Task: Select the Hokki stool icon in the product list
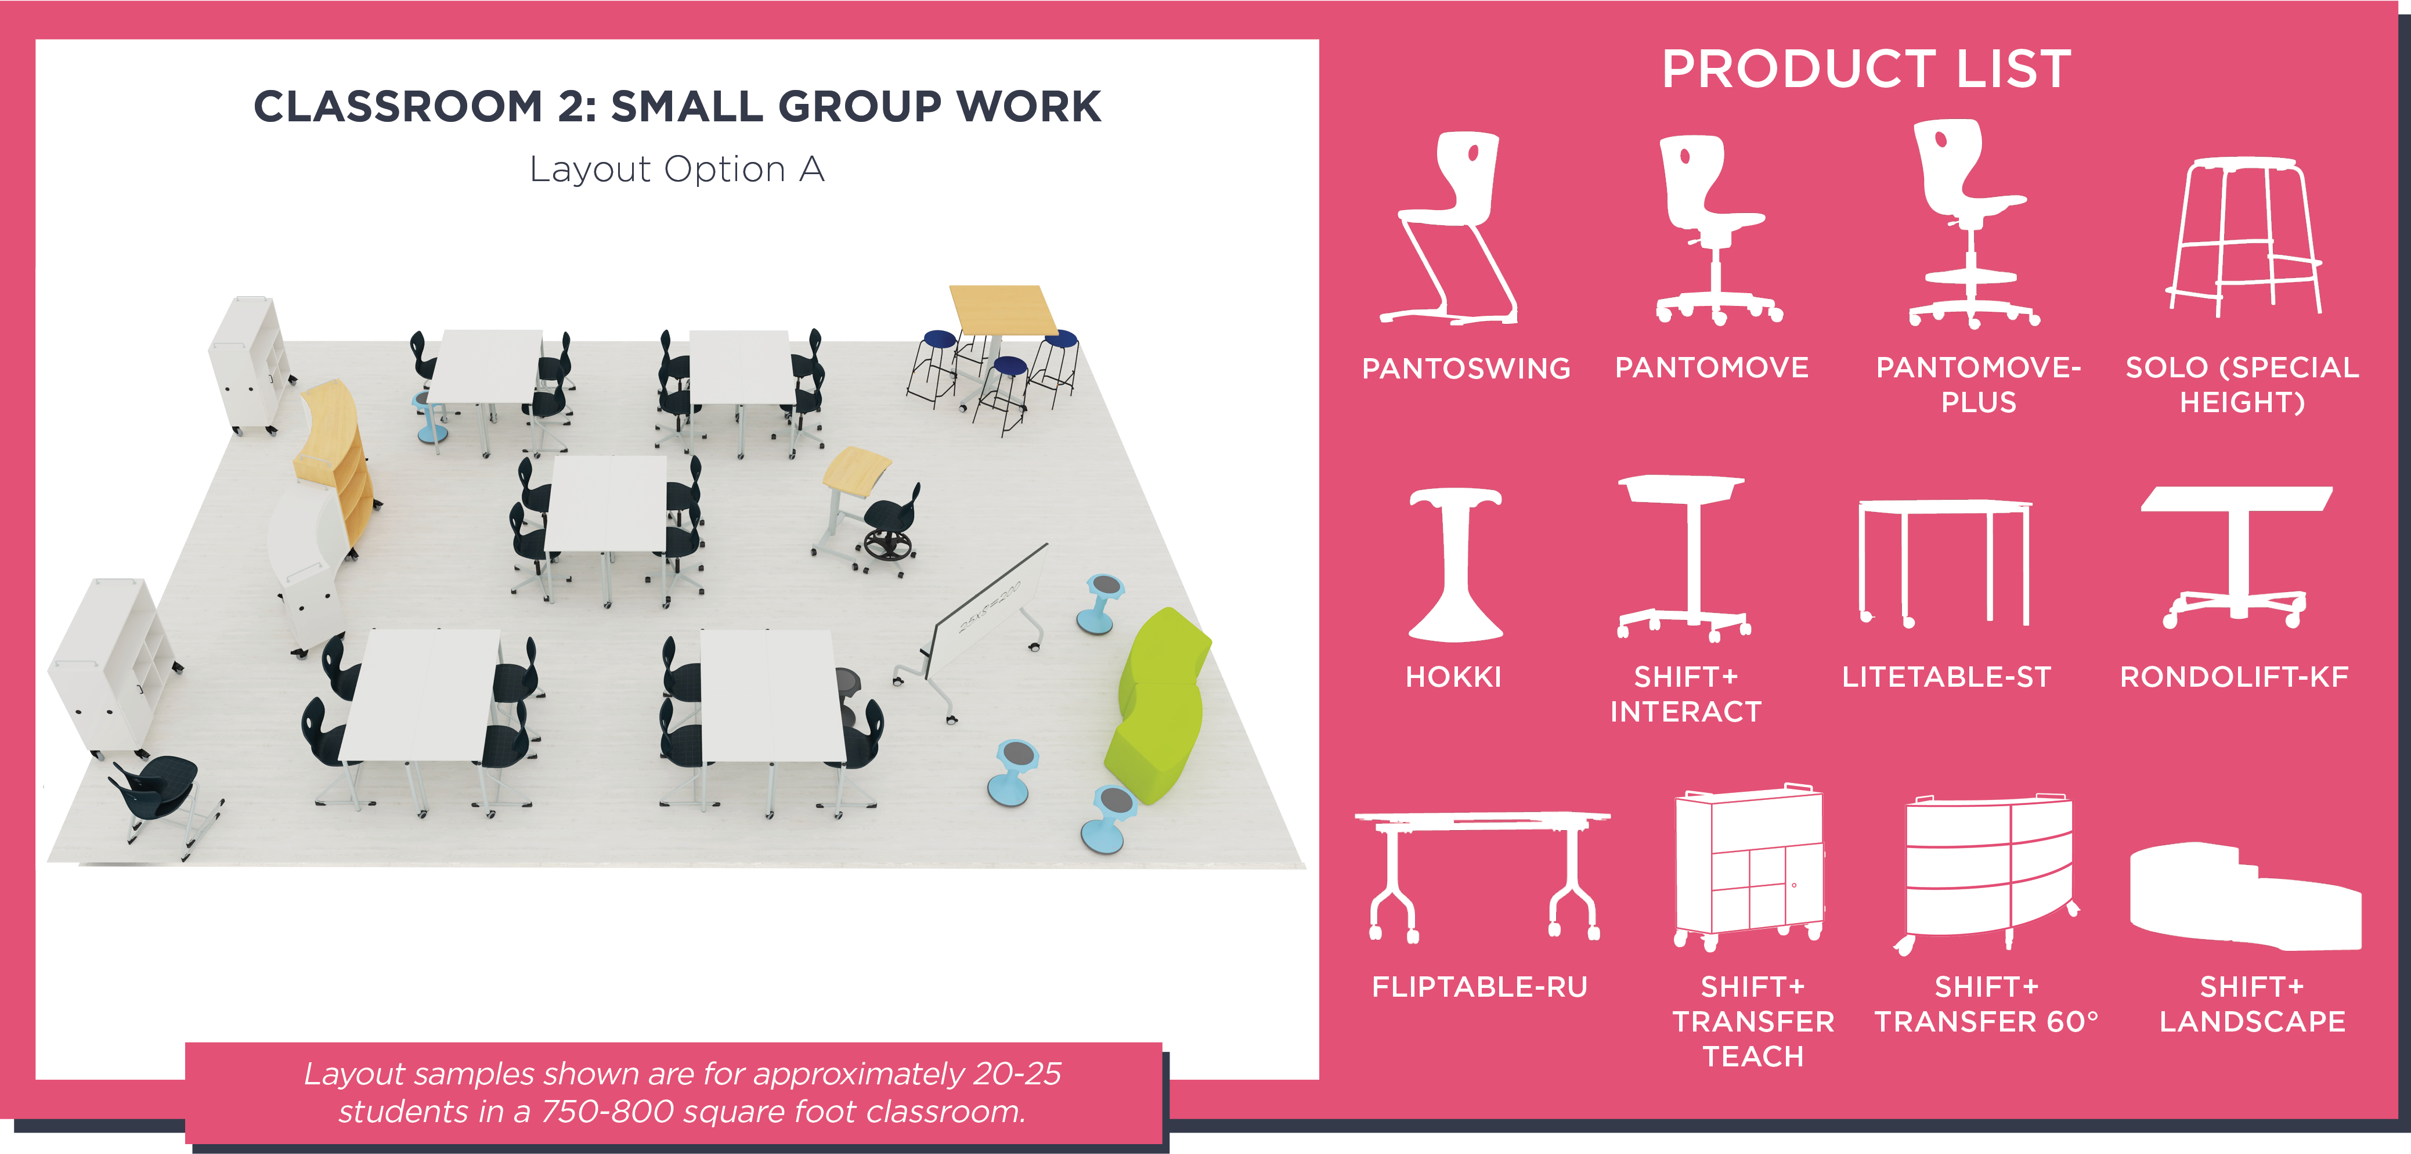[1456, 564]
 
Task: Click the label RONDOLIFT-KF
[2234, 677]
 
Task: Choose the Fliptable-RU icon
[1482, 875]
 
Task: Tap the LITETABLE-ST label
[1946, 677]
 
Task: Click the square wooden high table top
[1002, 309]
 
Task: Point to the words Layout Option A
[677, 170]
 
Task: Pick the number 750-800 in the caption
[608, 1111]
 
